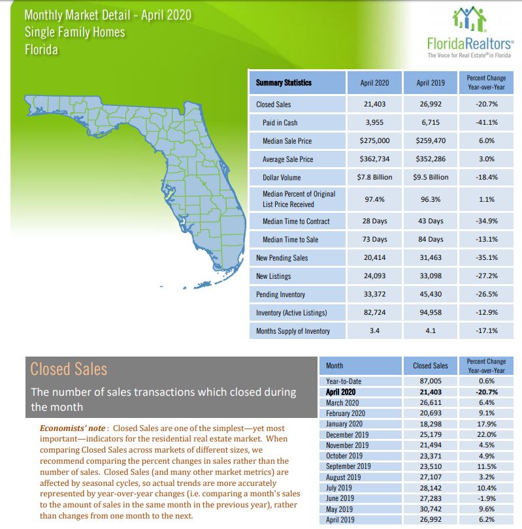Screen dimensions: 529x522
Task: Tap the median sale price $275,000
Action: [x=374, y=140]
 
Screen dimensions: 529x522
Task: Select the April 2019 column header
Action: [x=430, y=83]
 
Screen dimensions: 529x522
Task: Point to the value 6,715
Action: [x=431, y=122]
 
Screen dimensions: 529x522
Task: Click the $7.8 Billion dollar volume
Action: [x=374, y=177]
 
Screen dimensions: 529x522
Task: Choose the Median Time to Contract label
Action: [x=296, y=221]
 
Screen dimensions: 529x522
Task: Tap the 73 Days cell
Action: [x=374, y=240]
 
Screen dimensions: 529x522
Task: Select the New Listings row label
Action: [x=274, y=276]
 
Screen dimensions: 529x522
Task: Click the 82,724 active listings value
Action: [x=374, y=313]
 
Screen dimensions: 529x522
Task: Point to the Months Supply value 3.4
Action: [x=374, y=331]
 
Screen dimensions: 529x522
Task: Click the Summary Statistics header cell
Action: [x=284, y=83]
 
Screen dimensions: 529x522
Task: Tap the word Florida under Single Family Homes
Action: [x=42, y=49]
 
